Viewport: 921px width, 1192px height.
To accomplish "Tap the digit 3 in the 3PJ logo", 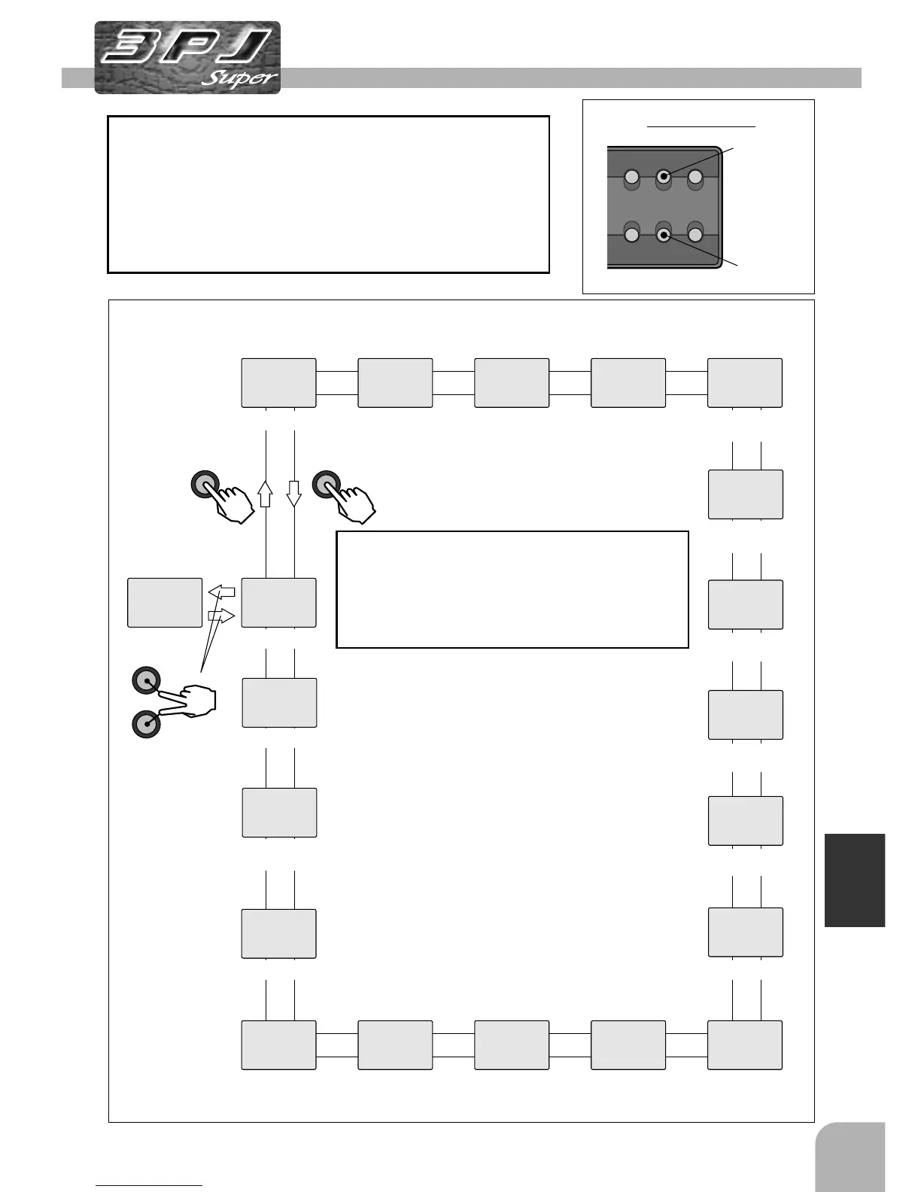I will click(x=129, y=47).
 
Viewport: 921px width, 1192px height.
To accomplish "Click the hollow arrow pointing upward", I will click(x=265, y=494).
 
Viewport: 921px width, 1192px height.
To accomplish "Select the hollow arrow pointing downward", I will click(x=294, y=494).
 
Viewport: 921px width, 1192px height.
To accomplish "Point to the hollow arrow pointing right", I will click(x=222, y=616).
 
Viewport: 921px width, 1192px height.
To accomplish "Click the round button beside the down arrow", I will click(x=327, y=484).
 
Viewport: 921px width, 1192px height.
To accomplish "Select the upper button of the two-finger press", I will click(x=146, y=680).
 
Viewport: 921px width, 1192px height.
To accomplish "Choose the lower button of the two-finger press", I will click(x=146, y=724).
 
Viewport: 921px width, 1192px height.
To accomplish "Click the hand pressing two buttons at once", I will click(x=197, y=701).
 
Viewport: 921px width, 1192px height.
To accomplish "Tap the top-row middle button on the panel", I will click(x=663, y=177).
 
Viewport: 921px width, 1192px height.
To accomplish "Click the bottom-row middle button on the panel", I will click(x=663, y=236).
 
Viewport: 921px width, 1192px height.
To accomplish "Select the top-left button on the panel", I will click(x=632, y=178).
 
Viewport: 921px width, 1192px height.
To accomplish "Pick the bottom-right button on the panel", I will click(x=695, y=236).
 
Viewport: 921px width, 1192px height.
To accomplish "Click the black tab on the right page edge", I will click(x=855, y=880).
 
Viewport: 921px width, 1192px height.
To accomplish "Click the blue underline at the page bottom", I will click(x=149, y=1186).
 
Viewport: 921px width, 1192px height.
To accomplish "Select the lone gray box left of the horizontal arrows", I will click(x=165, y=603).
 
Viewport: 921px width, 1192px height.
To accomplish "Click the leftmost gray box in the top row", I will click(x=278, y=383).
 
